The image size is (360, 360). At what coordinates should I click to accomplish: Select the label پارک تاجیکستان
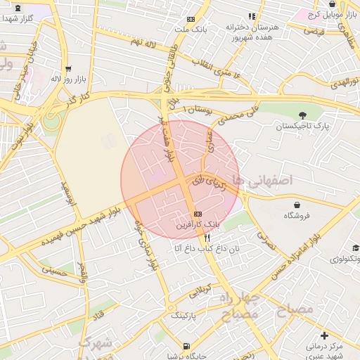coord(303,126)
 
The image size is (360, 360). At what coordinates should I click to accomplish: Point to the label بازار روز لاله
coord(66,79)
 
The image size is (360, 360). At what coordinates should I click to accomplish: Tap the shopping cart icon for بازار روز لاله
coord(68,69)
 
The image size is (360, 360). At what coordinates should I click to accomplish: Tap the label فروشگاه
coord(297,215)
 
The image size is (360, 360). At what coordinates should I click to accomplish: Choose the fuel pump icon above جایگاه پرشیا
coord(186,346)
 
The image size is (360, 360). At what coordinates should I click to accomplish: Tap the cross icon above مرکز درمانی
coord(323,335)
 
